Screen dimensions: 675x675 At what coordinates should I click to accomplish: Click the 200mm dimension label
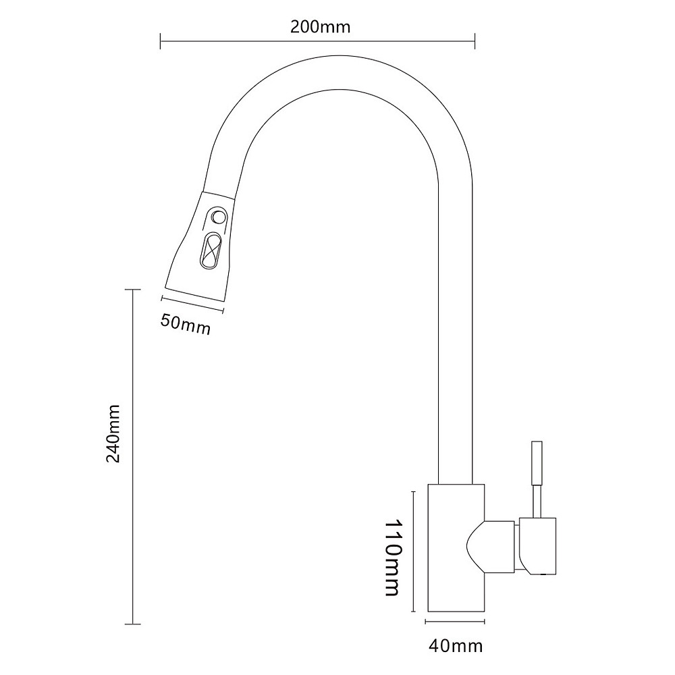click(x=320, y=27)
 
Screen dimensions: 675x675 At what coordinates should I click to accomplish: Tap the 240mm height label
click(x=113, y=433)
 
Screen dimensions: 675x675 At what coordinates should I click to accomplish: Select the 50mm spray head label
click(x=186, y=324)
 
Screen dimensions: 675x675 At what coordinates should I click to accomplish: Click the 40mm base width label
click(x=456, y=646)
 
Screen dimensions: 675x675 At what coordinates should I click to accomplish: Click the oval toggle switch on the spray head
click(x=211, y=250)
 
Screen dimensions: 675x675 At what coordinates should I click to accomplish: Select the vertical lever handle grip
click(x=537, y=463)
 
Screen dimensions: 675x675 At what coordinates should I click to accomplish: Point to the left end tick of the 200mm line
click(x=160, y=41)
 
